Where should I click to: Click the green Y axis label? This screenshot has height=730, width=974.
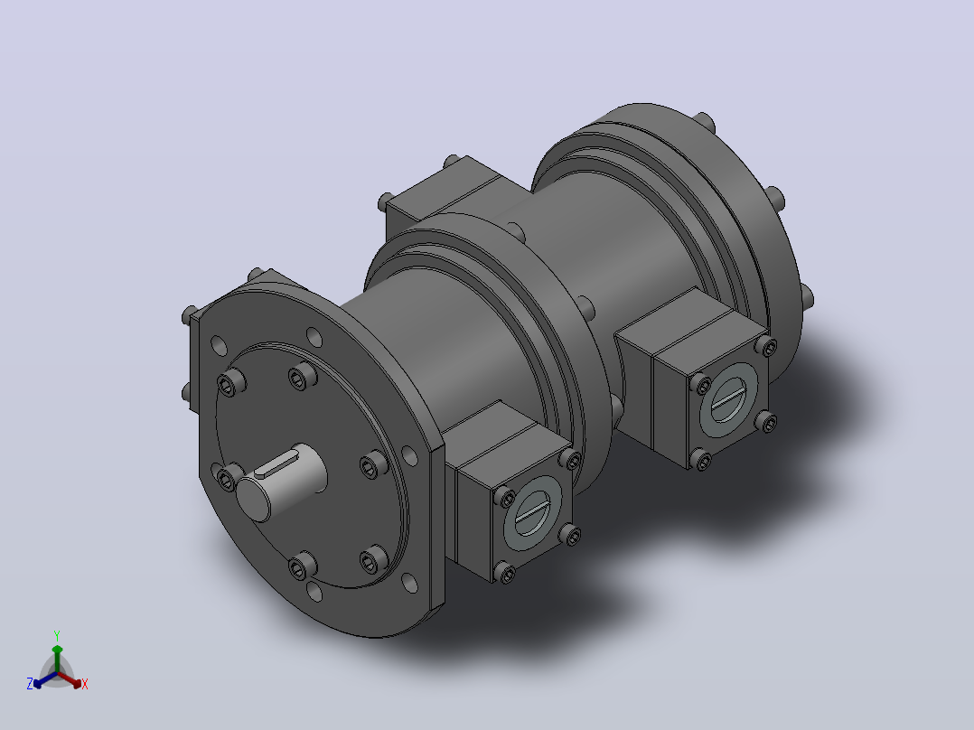(x=57, y=635)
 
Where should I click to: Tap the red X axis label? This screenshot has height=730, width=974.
(x=85, y=684)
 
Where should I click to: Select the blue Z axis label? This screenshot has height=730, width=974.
(x=29, y=684)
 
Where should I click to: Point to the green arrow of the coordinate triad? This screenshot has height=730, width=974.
(x=57, y=659)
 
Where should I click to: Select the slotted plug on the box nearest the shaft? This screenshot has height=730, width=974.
(x=531, y=513)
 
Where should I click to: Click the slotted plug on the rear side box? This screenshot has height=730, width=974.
(x=727, y=398)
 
